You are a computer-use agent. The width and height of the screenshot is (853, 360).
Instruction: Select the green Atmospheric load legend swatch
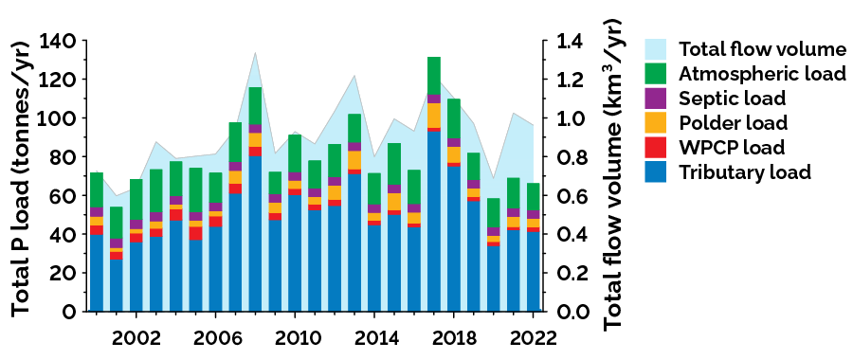(658, 74)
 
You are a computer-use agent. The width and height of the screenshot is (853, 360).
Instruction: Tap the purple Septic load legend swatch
(658, 99)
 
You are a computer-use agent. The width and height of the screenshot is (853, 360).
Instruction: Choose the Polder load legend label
(735, 123)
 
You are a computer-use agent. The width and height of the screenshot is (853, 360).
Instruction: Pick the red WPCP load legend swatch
(658, 148)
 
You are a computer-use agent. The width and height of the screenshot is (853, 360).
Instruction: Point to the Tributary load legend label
(744, 172)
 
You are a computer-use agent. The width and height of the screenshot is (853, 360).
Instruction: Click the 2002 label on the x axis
(136, 338)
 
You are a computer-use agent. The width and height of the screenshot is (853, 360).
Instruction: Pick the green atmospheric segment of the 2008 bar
(255, 105)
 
